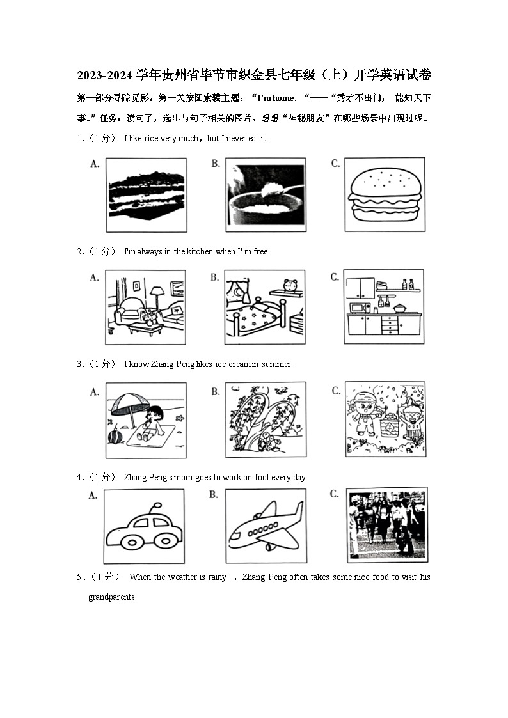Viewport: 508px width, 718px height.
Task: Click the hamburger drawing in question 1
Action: [x=384, y=194]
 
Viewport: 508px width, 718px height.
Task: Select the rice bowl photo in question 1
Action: [x=265, y=194]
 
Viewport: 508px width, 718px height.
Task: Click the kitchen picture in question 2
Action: [x=384, y=307]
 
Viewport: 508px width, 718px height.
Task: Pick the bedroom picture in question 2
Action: [x=265, y=307]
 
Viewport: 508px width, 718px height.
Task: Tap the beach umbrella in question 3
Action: [x=128, y=404]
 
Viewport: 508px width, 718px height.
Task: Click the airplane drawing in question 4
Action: [x=265, y=526]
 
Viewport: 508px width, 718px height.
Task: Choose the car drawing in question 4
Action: [x=144, y=526]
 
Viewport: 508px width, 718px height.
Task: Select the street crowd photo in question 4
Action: [x=386, y=524]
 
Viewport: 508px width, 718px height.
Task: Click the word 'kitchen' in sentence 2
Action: [x=200, y=251]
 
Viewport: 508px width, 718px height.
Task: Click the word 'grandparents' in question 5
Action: [x=112, y=597]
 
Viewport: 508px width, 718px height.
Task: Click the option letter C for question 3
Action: [x=335, y=391]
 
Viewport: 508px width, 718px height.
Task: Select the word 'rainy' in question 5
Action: [x=217, y=577]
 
